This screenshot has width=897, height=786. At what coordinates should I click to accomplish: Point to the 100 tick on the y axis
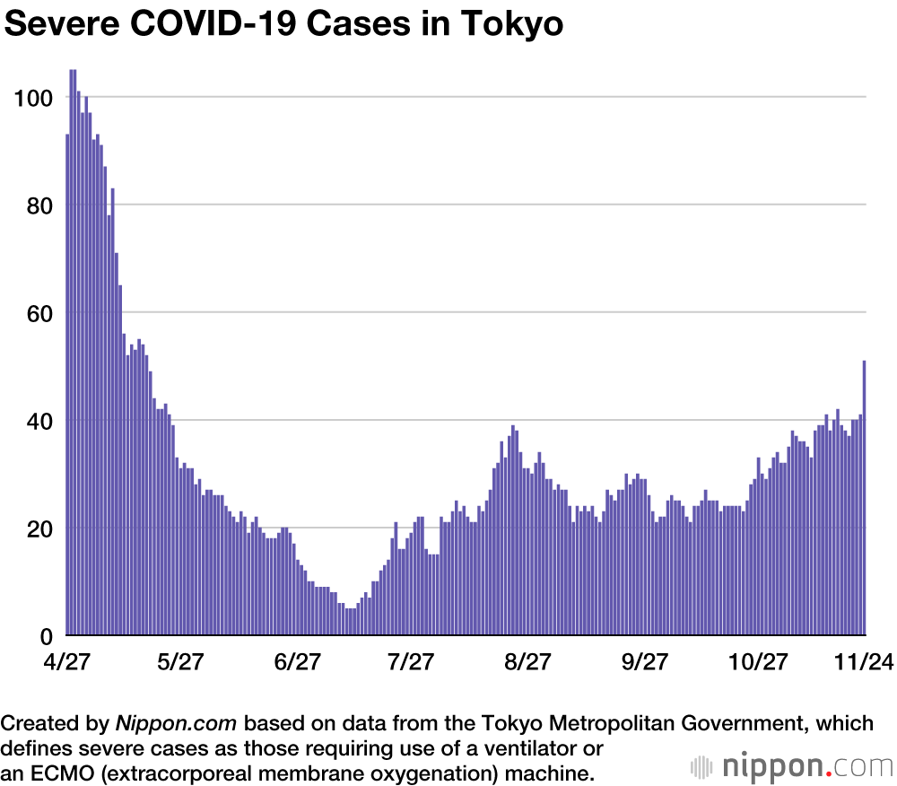[x=33, y=97]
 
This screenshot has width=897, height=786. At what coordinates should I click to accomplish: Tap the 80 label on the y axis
[x=38, y=205]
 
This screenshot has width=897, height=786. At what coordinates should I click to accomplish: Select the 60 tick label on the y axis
[x=38, y=312]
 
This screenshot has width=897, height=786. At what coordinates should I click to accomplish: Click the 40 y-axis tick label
[x=38, y=420]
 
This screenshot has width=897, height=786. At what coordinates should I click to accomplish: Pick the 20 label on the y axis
[x=38, y=528]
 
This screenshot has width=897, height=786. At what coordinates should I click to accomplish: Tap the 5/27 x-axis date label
[x=180, y=662]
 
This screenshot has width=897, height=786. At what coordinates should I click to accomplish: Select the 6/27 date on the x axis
[x=297, y=662]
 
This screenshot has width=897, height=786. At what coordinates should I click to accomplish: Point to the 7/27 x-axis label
[x=410, y=662]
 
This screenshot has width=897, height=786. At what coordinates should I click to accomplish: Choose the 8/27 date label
[x=527, y=662]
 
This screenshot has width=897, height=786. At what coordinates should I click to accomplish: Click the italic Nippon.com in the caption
[x=177, y=723]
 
